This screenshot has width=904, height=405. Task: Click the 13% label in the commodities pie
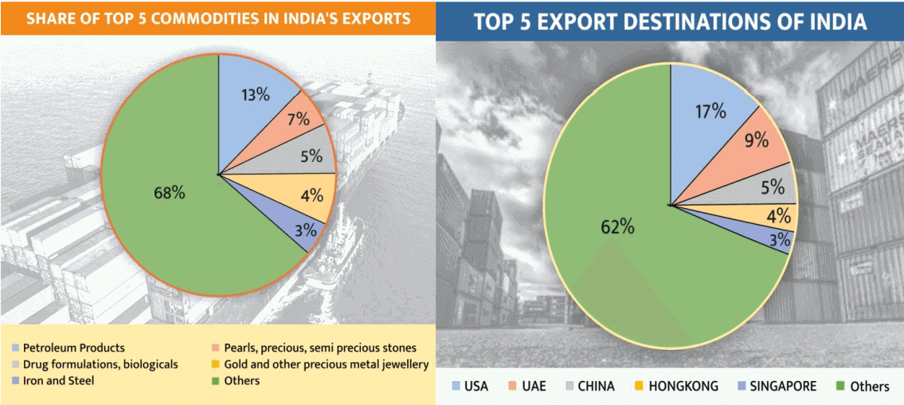coord(256,94)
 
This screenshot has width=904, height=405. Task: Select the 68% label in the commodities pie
coord(169,192)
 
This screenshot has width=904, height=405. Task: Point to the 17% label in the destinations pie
coord(710,111)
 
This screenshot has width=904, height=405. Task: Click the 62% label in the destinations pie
coord(617,226)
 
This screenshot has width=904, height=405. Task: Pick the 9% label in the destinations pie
coord(756,141)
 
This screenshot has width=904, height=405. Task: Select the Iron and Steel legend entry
coord(58,380)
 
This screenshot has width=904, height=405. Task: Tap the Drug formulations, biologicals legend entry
coord(100,364)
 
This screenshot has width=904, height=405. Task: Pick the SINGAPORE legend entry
coord(777,386)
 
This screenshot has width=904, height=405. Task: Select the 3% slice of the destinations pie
coord(777,238)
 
